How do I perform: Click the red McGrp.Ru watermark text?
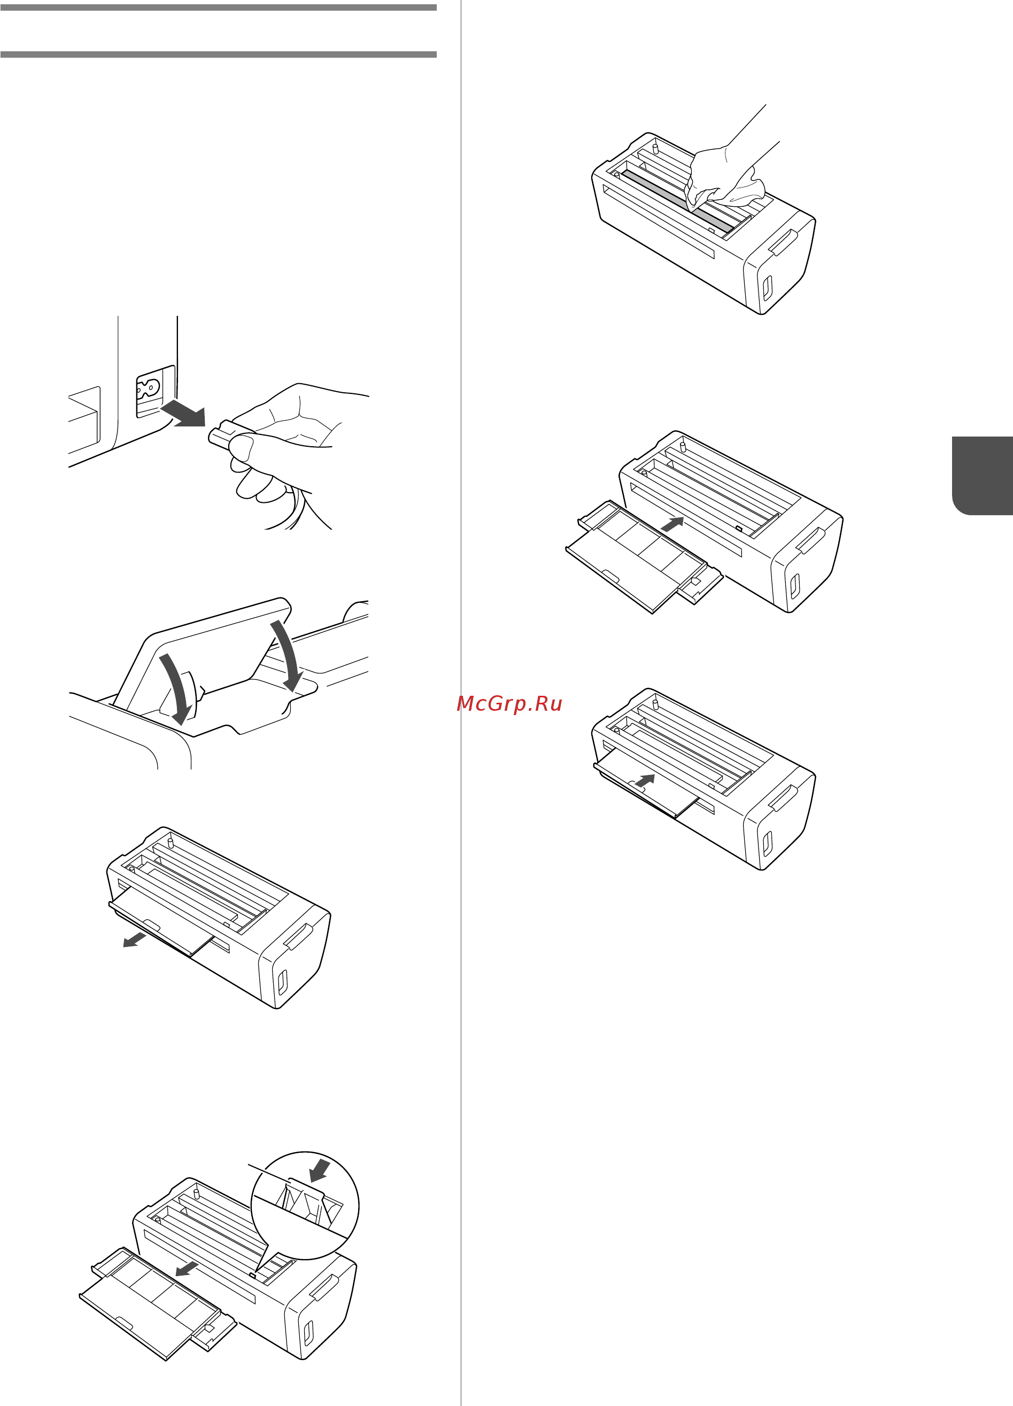(509, 704)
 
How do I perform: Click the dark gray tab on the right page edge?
(982, 476)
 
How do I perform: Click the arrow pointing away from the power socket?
(183, 413)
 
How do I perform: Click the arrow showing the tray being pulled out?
(134, 941)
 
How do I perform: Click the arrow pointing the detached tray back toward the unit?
(672, 524)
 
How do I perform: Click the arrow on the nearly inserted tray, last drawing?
(645, 781)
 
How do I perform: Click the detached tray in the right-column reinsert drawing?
(644, 557)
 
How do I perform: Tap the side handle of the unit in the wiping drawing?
(783, 242)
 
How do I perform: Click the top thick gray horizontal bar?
(218, 7)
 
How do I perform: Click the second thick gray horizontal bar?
(218, 55)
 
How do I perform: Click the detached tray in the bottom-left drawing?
(158, 1304)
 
